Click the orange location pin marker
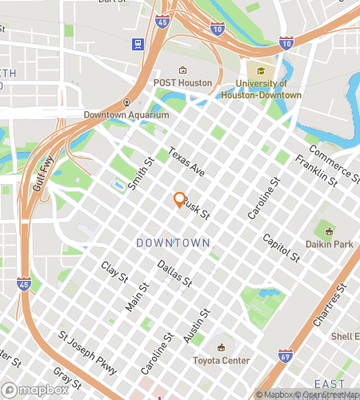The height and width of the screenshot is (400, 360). tap(179, 200)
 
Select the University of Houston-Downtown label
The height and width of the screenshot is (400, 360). tap(269, 89)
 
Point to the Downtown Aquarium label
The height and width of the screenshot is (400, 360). tap(126, 114)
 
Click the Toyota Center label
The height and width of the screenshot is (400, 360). tap(222, 360)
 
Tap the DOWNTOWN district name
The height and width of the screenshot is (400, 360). tap(173, 242)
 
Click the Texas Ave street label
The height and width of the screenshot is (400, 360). tap(187, 162)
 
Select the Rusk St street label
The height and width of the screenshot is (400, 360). tap(196, 210)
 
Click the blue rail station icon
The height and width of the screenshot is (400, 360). tap(139, 44)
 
